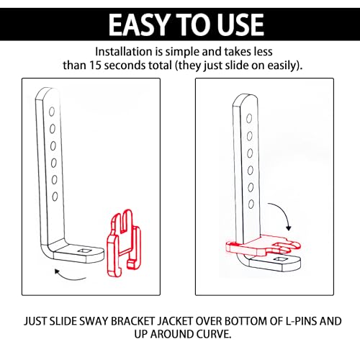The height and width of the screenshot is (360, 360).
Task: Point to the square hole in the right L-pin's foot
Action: click(279, 258)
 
